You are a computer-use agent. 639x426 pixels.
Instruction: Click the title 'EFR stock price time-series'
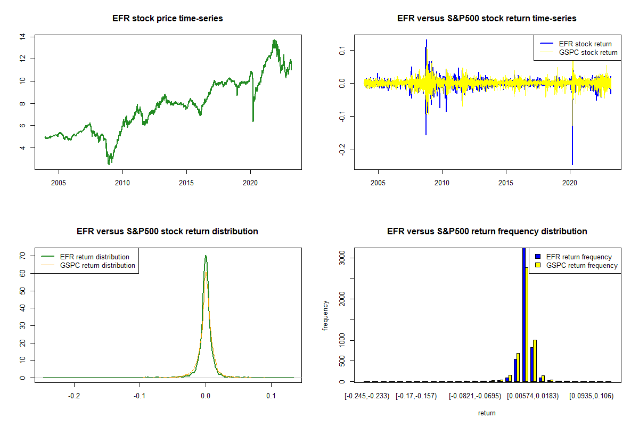point(167,19)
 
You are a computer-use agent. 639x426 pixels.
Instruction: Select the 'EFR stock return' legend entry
point(585,44)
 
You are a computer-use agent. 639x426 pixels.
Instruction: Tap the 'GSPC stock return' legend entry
point(588,52)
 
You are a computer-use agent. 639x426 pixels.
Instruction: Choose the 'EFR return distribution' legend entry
point(95,257)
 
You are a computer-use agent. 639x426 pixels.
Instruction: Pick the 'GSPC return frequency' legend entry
point(582,265)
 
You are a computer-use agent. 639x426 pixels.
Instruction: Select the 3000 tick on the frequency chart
point(339,258)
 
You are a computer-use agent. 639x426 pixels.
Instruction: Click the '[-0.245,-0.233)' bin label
point(367,397)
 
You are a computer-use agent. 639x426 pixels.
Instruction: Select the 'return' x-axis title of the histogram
point(487,413)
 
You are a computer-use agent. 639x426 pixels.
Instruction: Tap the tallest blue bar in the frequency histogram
point(523,314)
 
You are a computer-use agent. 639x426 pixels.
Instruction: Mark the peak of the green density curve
point(206,256)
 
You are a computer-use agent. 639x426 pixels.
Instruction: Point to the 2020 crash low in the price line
point(253,121)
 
